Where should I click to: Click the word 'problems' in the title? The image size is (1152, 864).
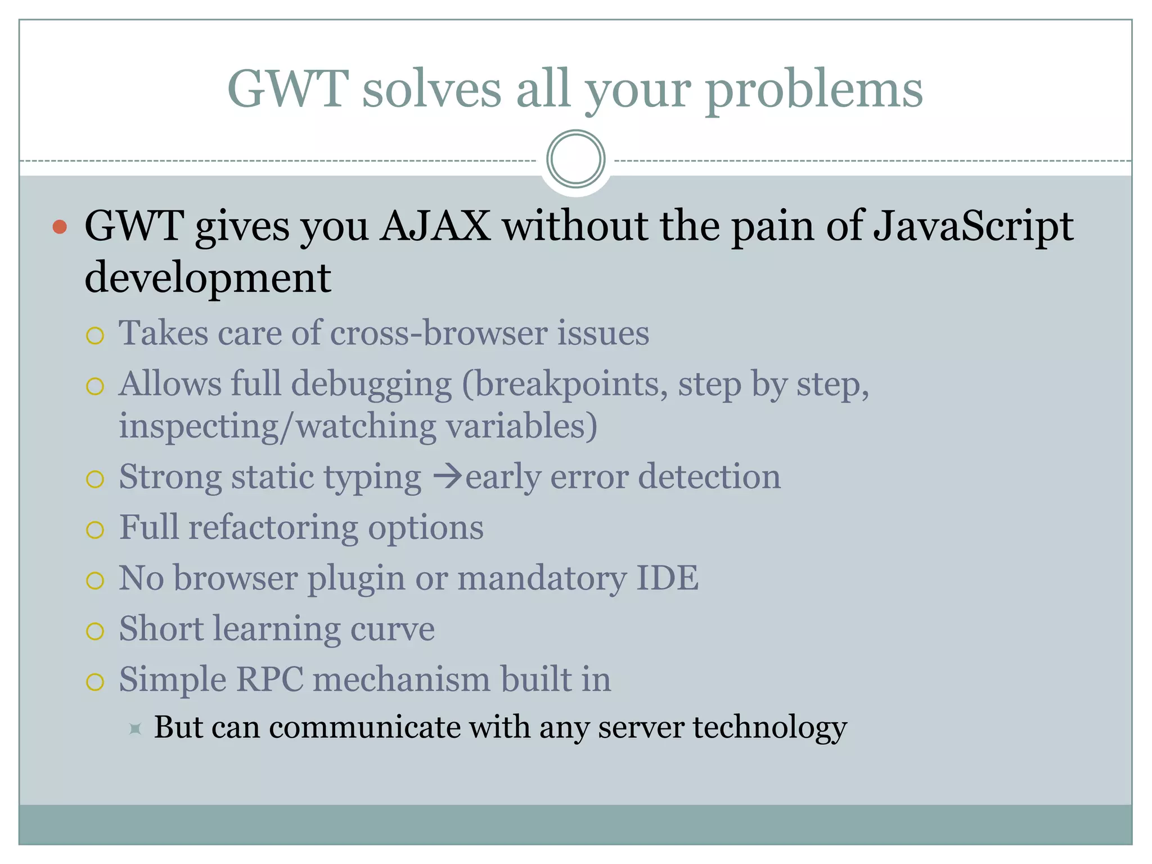click(x=814, y=90)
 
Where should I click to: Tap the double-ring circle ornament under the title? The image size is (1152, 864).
click(x=575, y=159)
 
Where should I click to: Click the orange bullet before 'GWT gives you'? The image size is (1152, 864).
click(x=60, y=227)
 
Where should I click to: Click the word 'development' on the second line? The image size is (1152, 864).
click(x=208, y=278)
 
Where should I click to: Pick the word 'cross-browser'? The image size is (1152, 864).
click(x=439, y=333)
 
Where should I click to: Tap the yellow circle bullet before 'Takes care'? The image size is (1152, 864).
click(x=95, y=336)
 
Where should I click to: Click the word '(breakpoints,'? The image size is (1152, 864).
click(x=565, y=385)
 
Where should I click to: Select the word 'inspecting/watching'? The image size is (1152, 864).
click(x=277, y=426)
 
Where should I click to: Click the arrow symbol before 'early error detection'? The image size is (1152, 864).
click(x=448, y=477)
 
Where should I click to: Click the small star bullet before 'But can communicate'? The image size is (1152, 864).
click(x=135, y=729)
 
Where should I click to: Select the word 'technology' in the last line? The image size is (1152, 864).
click(x=769, y=727)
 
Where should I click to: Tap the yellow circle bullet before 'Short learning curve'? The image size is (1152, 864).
click(x=95, y=631)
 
